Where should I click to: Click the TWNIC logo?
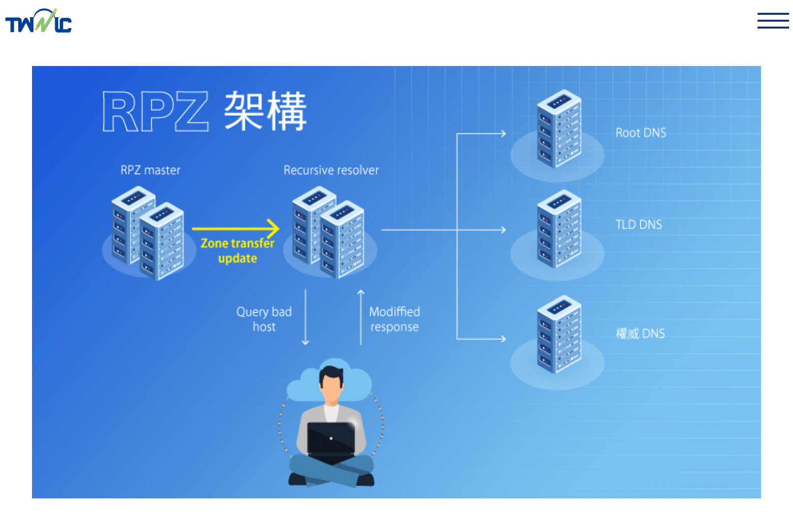(x=38, y=21)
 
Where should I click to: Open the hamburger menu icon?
(x=772, y=21)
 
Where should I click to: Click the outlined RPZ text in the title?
(x=155, y=111)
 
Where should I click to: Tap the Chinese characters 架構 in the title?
(x=265, y=111)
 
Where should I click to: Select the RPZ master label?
(x=150, y=170)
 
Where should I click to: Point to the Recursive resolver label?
(x=331, y=170)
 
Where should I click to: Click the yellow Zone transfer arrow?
(x=235, y=229)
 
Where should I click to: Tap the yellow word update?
(x=237, y=259)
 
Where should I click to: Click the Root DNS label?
(x=640, y=133)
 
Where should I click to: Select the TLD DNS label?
(x=638, y=225)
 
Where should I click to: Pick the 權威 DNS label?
(x=640, y=334)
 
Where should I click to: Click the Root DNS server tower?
(x=559, y=129)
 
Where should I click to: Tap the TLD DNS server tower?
(x=559, y=229)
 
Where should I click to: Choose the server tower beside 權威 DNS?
(x=559, y=334)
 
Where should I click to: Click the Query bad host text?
(x=264, y=319)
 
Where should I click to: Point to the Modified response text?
(x=395, y=319)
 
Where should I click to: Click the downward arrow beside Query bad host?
(x=305, y=318)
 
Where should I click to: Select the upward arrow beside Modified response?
(x=361, y=318)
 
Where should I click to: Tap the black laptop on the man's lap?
(x=331, y=438)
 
